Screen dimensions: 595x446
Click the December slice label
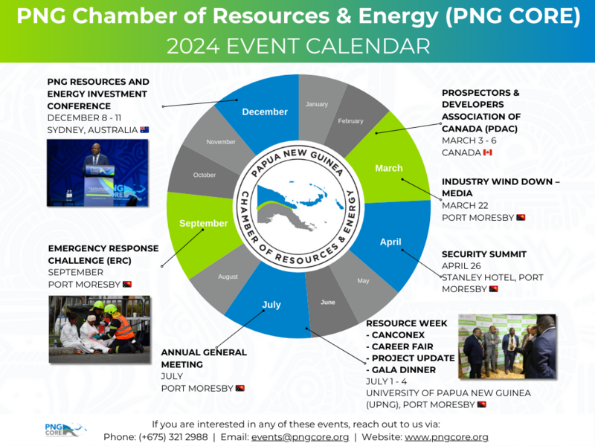265,112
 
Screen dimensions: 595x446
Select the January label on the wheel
317,104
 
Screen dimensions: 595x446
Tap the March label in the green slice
389,168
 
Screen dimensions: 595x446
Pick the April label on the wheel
390,242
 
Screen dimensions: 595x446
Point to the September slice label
203,224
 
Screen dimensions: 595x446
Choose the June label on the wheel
328,303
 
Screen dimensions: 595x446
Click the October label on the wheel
204,175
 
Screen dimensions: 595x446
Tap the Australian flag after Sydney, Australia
144,129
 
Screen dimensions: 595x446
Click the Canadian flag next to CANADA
488,152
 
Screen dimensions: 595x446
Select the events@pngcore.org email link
300,437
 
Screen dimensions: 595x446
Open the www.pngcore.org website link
446,437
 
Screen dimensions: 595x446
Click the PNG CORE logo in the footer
65,430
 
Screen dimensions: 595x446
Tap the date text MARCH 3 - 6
469,140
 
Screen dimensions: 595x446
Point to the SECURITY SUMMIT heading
484,254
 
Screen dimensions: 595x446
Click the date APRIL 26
461,266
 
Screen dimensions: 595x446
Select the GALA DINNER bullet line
401,369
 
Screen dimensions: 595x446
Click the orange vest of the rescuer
124,327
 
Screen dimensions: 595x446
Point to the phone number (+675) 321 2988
173,437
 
